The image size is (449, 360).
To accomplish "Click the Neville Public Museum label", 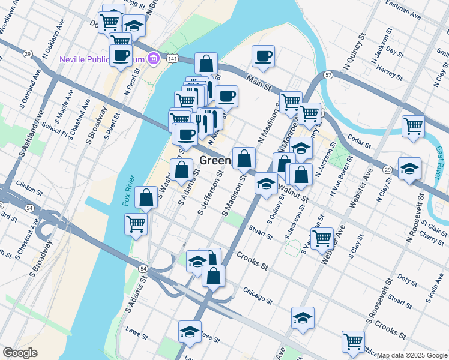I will [103, 59].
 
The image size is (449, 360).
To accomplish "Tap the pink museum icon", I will [154, 59].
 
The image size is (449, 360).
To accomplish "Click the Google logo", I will [20, 353].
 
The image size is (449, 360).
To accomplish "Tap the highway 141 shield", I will [173, 58].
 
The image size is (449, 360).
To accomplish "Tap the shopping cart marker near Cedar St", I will [414, 125].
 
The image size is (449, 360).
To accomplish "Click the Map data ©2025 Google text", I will [412, 355].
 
